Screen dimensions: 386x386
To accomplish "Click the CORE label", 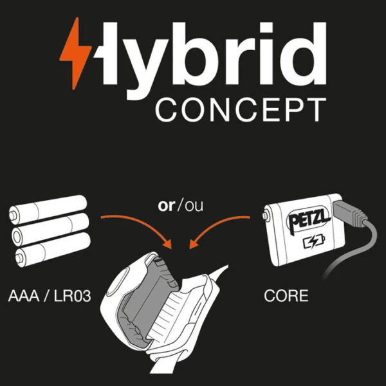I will tap(286, 297).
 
